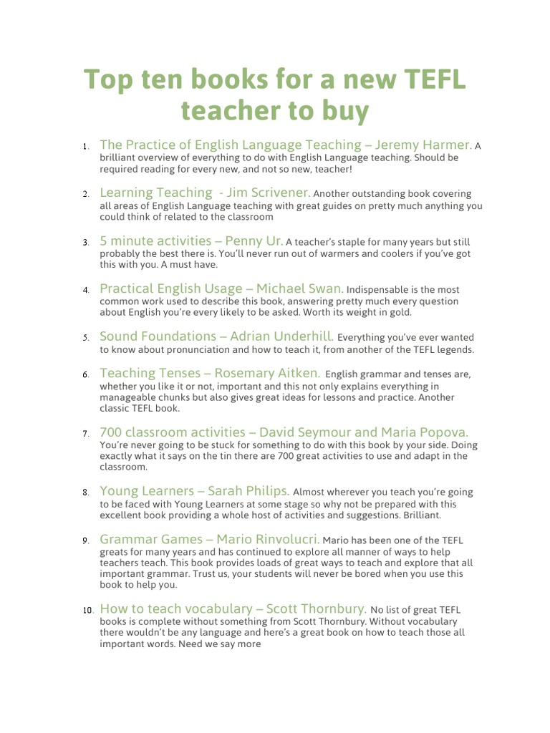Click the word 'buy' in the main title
(x=343, y=111)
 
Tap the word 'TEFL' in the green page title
(x=429, y=79)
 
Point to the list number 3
(x=85, y=243)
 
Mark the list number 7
(x=85, y=434)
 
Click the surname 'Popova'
(x=443, y=432)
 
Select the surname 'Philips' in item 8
(x=266, y=491)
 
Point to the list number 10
(x=88, y=610)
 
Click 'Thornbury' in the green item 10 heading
(x=334, y=608)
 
